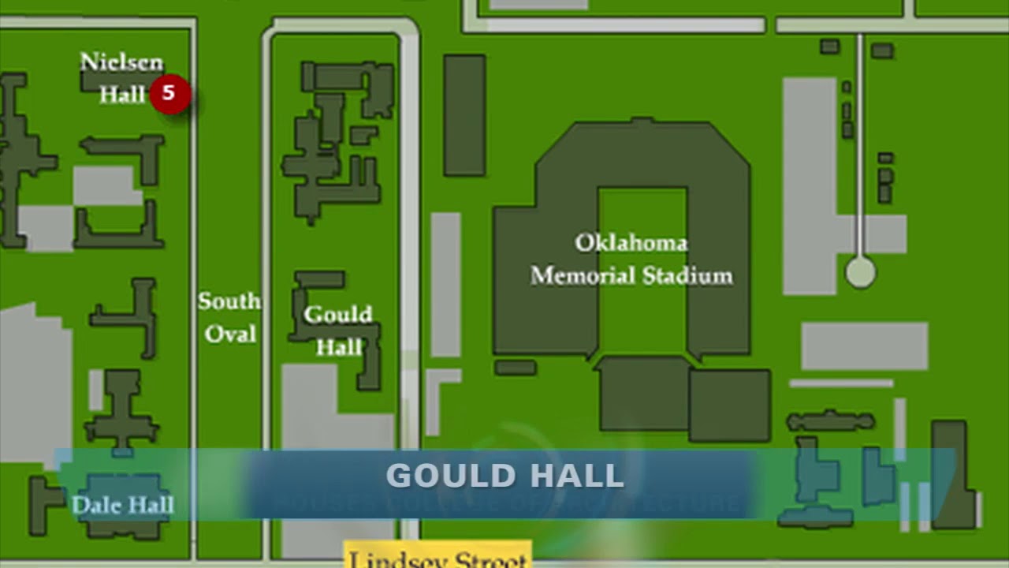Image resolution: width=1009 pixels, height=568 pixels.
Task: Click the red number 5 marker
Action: point(169,94)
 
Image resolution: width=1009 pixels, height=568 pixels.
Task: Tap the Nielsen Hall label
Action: point(122,78)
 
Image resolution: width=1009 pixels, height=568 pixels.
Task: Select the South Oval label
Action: point(229,317)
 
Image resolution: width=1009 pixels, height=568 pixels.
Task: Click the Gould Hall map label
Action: point(338,331)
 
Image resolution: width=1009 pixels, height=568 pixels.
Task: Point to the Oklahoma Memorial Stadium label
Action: point(631,259)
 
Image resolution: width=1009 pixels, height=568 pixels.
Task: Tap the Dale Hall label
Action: point(122,505)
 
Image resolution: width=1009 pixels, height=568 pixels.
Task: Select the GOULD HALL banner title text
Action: point(504,476)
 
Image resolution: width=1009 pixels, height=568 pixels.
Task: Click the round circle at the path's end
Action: point(860,273)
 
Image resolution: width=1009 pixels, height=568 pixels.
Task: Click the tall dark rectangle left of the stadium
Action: point(464,115)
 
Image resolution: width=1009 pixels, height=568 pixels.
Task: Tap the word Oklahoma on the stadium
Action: point(631,242)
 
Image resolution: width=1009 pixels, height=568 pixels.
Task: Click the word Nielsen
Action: point(122,62)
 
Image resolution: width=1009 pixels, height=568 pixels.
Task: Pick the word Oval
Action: point(230,334)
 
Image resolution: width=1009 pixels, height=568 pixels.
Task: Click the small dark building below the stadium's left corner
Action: point(516,368)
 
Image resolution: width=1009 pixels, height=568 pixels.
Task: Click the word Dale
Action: point(92,505)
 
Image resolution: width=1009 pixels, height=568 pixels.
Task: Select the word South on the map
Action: point(229,301)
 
